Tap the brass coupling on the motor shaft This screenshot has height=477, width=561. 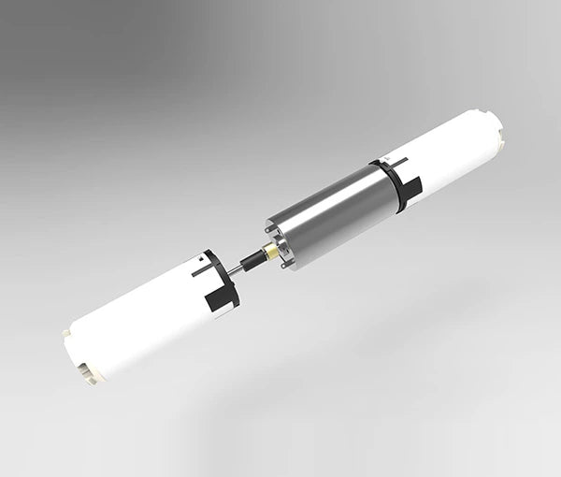click(270, 252)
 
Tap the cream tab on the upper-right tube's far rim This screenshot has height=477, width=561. click(503, 137)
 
